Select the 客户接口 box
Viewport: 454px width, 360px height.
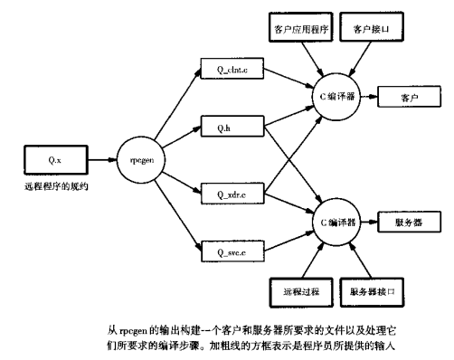[371, 31]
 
